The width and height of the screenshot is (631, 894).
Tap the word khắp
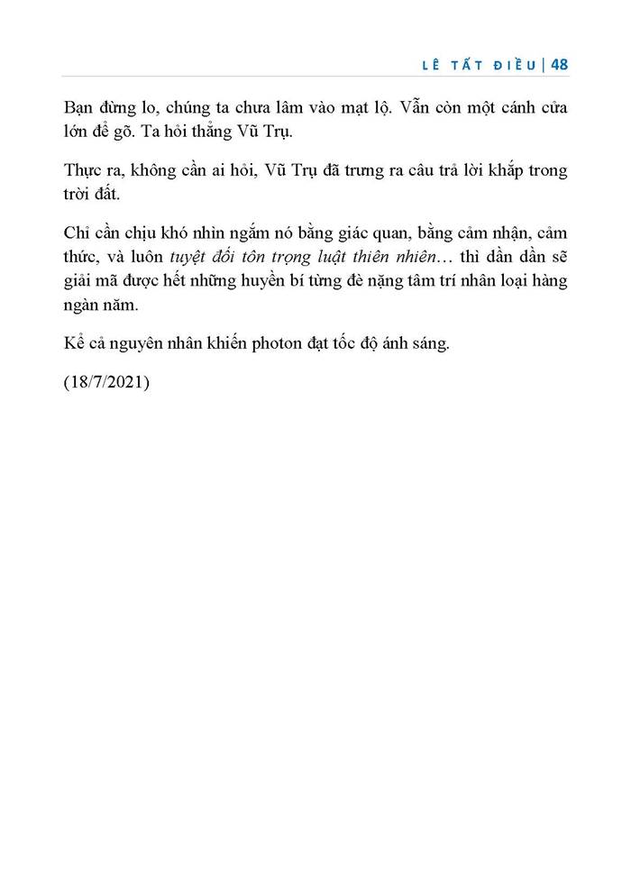click(x=510, y=171)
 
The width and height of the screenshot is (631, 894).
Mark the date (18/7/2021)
click(x=106, y=384)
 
